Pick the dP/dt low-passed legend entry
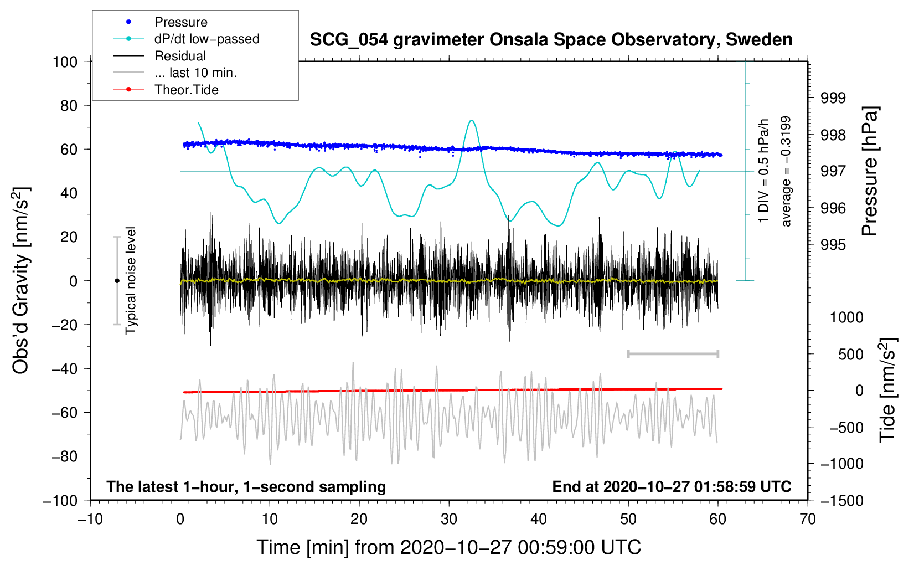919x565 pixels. coord(186,39)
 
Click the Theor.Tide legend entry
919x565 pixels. coord(166,90)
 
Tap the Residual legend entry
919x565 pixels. coord(159,56)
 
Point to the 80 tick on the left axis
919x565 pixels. coord(69,106)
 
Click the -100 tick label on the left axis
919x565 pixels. coord(60,501)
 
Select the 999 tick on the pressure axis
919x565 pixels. coord(833,97)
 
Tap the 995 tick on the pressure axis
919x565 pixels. coord(833,245)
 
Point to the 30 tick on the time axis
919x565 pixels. coord(449,519)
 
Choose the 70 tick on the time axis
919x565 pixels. coord(807,519)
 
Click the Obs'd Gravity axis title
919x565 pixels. coord(20,280)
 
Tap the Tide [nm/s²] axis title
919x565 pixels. coord(888,390)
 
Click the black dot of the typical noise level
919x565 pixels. coord(117,281)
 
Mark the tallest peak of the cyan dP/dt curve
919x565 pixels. coord(472,120)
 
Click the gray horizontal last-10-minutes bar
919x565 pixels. coord(673,353)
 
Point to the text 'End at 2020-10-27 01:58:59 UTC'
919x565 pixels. coord(672,486)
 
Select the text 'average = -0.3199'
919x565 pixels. coord(785,171)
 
